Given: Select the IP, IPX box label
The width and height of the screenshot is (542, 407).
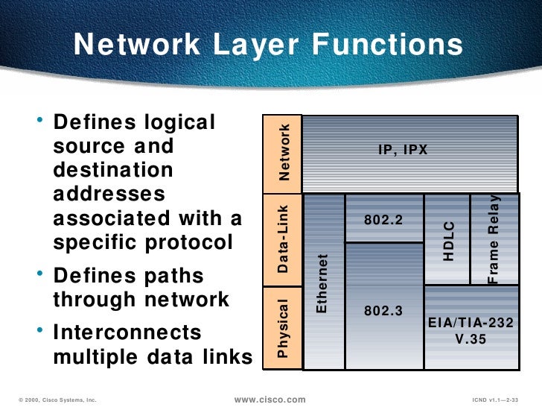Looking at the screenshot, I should point(403,150).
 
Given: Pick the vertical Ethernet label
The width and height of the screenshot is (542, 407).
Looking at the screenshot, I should point(322,283).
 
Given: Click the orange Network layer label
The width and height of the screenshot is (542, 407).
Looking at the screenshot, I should point(284,153).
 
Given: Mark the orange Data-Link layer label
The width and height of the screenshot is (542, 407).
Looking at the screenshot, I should point(284,239).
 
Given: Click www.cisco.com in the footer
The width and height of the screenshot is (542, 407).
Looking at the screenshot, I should point(270,400).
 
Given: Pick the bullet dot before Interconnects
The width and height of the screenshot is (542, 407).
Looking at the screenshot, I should point(39,330).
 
